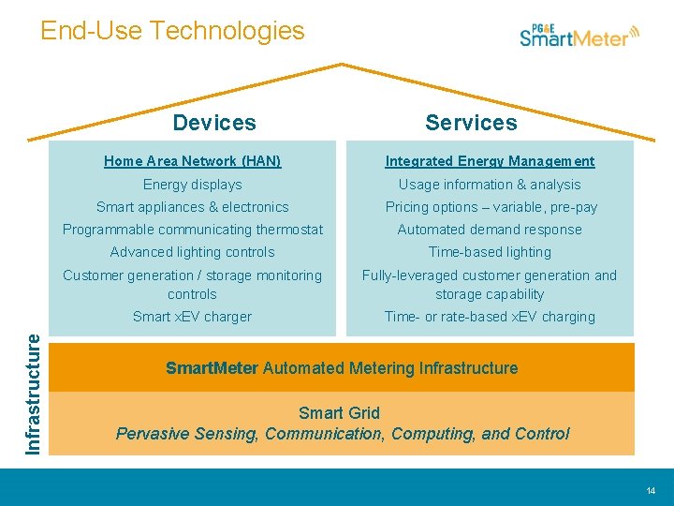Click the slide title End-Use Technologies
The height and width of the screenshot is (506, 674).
(172, 31)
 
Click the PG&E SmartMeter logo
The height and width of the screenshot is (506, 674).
(580, 36)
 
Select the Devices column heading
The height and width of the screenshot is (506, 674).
(214, 123)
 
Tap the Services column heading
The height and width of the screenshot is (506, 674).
(471, 123)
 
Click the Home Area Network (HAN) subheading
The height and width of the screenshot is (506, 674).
(192, 161)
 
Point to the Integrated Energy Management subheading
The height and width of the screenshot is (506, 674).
(490, 161)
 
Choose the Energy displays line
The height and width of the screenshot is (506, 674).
(192, 185)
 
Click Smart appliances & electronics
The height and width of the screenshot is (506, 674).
(192, 207)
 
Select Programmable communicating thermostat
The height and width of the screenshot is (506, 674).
(192, 230)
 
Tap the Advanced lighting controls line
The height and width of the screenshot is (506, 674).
(192, 252)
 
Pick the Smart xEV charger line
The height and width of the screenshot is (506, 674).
(192, 317)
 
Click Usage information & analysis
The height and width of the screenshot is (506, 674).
(490, 185)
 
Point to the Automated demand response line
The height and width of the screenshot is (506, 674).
(490, 230)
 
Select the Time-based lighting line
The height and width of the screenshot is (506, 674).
(490, 252)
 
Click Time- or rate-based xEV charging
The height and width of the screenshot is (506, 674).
(490, 317)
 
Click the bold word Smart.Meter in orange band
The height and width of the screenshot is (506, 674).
(212, 368)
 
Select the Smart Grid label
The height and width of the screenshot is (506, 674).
(339, 413)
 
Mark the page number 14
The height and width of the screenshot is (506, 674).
(651, 491)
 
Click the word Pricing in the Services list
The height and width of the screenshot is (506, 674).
(408, 207)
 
